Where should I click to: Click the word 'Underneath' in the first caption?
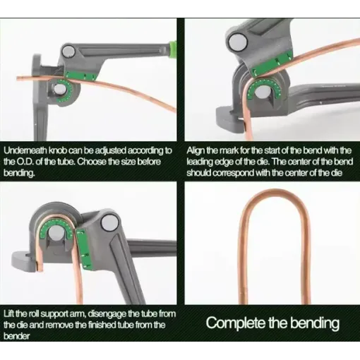point(25,150)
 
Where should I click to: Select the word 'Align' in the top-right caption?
point(195,151)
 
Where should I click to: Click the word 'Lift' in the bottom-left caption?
point(9,313)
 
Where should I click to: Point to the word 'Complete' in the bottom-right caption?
point(235,323)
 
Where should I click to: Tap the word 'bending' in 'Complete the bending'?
point(315,323)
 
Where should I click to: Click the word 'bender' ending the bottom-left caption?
point(16,336)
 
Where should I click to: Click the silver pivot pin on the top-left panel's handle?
point(68,52)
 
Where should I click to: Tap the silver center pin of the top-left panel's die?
point(60,89)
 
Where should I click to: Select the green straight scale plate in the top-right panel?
point(271,64)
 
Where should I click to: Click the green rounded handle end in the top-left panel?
point(173,49)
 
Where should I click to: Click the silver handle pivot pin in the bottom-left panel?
point(109,222)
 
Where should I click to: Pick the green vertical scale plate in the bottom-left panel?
point(83,248)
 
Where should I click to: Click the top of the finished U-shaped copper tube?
point(274,191)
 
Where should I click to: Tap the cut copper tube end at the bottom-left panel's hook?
point(40,265)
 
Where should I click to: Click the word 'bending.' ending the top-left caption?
point(19,173)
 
